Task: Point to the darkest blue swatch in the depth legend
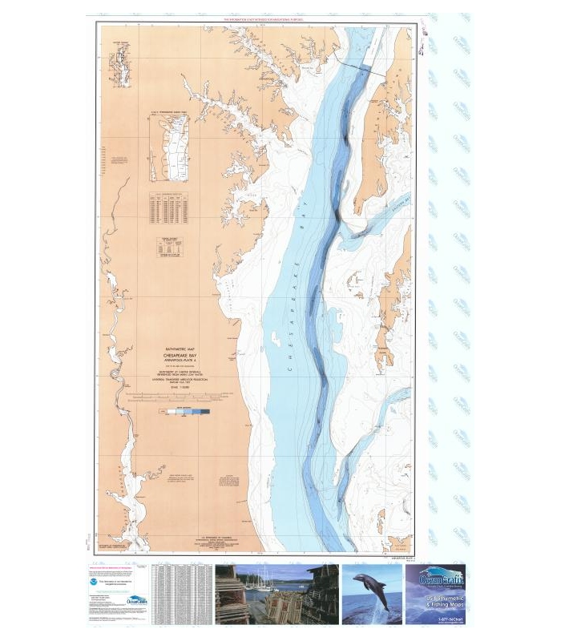(205, 411)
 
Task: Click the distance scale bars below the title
(186, 398)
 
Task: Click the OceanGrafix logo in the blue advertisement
(437, 577)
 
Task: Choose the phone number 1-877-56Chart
(438, 619)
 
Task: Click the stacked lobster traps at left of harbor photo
(232, 597)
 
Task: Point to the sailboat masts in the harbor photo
(268, 581)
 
